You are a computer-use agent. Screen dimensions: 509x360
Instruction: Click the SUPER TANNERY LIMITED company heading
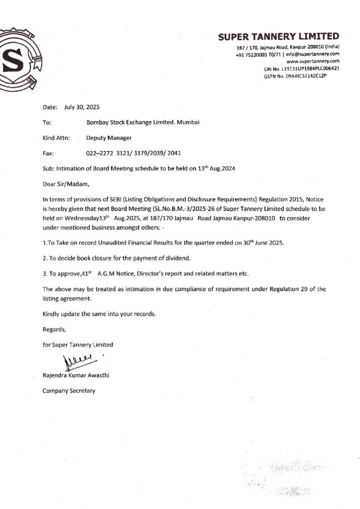278,36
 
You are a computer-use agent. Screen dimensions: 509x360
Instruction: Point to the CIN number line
301,68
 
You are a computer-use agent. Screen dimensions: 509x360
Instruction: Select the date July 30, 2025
82,107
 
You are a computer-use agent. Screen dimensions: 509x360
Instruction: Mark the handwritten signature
77,359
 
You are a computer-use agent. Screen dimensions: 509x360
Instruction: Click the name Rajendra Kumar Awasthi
76,375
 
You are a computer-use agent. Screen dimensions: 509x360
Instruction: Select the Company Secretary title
69,391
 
